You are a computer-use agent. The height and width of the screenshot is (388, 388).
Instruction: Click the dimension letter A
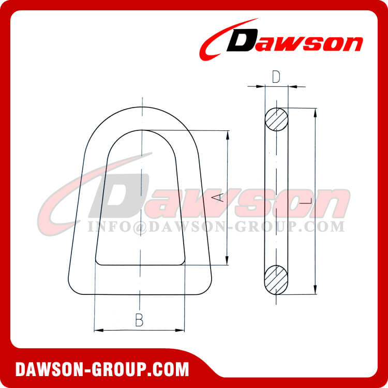tap(219, 197)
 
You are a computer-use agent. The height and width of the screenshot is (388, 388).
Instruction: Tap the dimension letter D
tap(276, 77)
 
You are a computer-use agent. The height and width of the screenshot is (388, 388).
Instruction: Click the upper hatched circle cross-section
tap(277, 120)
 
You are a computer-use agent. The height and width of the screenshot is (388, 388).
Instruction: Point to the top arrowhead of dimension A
tap(227, 133)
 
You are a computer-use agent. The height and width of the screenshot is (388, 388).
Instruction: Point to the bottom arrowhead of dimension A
tap(227, 262)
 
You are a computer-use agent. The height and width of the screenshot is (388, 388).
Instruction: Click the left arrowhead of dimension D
tap(263, 86)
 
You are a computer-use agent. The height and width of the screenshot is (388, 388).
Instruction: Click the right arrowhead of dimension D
tap(291, 86)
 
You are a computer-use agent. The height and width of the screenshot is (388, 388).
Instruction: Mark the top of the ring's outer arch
tap(140, 107)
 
